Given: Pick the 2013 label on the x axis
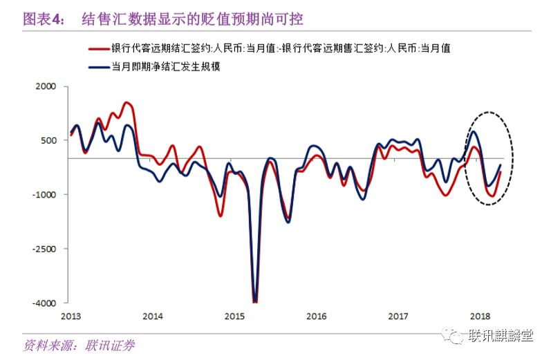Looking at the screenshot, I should point(70,316).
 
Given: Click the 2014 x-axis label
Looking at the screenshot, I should point(152,316).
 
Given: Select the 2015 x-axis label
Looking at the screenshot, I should point(234,316).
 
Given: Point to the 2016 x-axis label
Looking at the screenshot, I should point(316,316).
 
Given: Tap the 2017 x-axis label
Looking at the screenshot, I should point(398,316).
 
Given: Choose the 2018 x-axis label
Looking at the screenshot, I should point(480,316).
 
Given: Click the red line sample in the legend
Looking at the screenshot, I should point(100,49).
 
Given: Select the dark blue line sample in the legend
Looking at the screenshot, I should point(100,67).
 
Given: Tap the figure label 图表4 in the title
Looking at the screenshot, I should point(43,17).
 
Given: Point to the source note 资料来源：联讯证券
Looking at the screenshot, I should point(79,345).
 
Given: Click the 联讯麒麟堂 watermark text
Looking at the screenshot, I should point(501,337).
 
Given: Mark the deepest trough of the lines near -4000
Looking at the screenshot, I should point(255,301).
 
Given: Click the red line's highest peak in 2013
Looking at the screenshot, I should point(126,103).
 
